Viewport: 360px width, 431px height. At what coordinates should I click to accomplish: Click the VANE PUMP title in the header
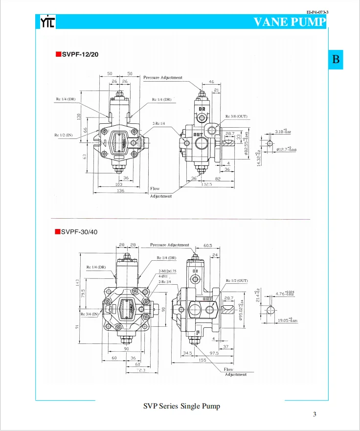click(x=290, y=22)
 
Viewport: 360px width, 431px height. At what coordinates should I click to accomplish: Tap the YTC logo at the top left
click(x=47, y=22)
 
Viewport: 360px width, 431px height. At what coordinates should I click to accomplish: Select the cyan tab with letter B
click(x=336, y=60)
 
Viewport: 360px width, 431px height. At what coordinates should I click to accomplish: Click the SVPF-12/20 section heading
click(x=80, y=54)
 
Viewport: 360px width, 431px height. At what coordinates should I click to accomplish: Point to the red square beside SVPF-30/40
click(x=57, y=231)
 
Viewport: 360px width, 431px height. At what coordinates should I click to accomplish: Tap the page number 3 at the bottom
click(x=315, y=414)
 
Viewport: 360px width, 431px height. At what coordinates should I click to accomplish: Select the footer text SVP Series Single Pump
click(x=181, y=406)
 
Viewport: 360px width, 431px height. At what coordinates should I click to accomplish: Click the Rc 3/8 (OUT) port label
click(x=236, y=117)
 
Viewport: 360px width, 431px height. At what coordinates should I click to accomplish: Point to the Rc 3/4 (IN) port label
click(x=90, y=314)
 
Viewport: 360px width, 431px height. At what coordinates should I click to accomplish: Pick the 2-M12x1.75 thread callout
click(x=167, y=271)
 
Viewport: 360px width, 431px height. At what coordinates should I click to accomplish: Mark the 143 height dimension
click(x=76, y=283)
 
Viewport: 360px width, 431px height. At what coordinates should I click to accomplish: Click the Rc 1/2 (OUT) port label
click(x=237, y=281)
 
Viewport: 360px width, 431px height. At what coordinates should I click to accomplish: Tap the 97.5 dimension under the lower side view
click(x=214, y=352)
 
